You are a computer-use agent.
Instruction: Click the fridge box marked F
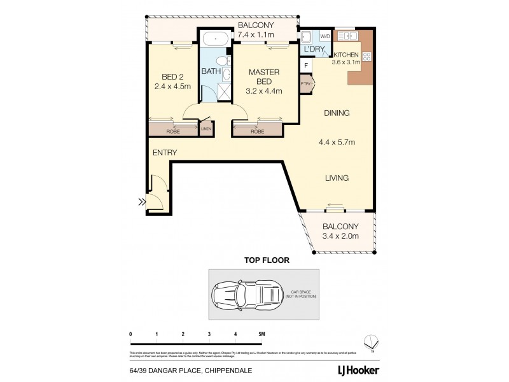pos(307,65)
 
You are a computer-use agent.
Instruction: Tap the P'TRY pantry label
pos(305,83)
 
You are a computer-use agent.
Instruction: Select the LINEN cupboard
pos(206,129)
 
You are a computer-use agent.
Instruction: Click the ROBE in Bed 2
pos(172,131)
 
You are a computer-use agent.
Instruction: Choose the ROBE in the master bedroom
pos(257,131)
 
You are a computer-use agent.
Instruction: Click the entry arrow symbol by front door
pos(140,203)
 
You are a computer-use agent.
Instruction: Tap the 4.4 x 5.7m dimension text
pos(335,141)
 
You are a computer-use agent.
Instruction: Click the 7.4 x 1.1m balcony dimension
pos(255,34)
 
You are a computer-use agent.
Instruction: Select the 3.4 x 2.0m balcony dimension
pos(340,236)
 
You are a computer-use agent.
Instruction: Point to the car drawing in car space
pos(246,295)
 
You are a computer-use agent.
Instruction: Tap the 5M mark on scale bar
pos(261,334)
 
